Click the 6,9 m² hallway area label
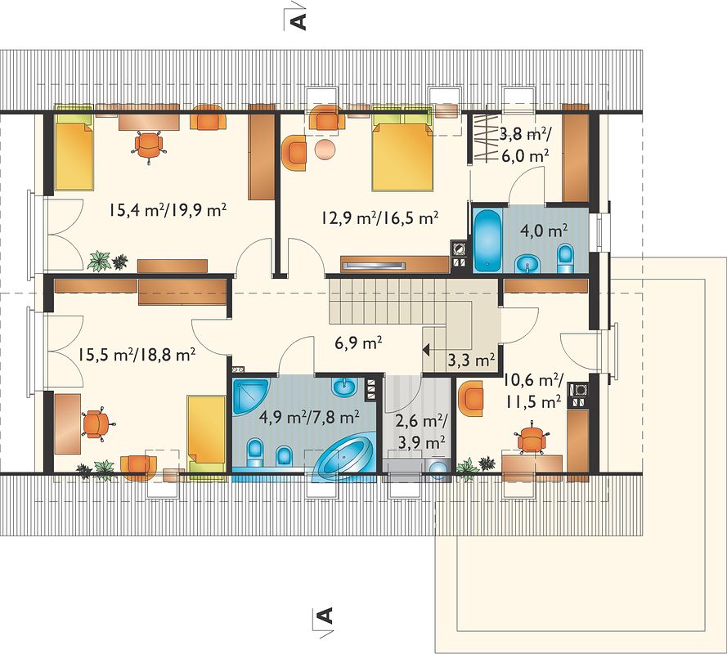click(x=358, y=343)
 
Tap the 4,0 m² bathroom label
click(x=545, y=231)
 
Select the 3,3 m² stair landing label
click(x=471, y=361)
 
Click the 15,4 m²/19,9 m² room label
click(x=168, y=210)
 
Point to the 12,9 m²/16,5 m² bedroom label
click(x=380, y=217)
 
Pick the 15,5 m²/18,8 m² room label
click(x=136, y=355)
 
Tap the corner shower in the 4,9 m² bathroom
click(x=250, y=396)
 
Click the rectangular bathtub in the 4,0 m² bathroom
click(x=487, y=240)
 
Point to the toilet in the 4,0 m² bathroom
click(x=565, y=259)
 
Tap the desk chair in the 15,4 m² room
click(x=149, y=146)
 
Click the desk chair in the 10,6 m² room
click(x=532, y=437)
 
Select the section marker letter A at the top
click(x=299, y=21)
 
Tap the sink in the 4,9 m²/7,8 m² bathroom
click(x=344, y=387)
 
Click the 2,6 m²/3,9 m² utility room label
click(x=421, y=432)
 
